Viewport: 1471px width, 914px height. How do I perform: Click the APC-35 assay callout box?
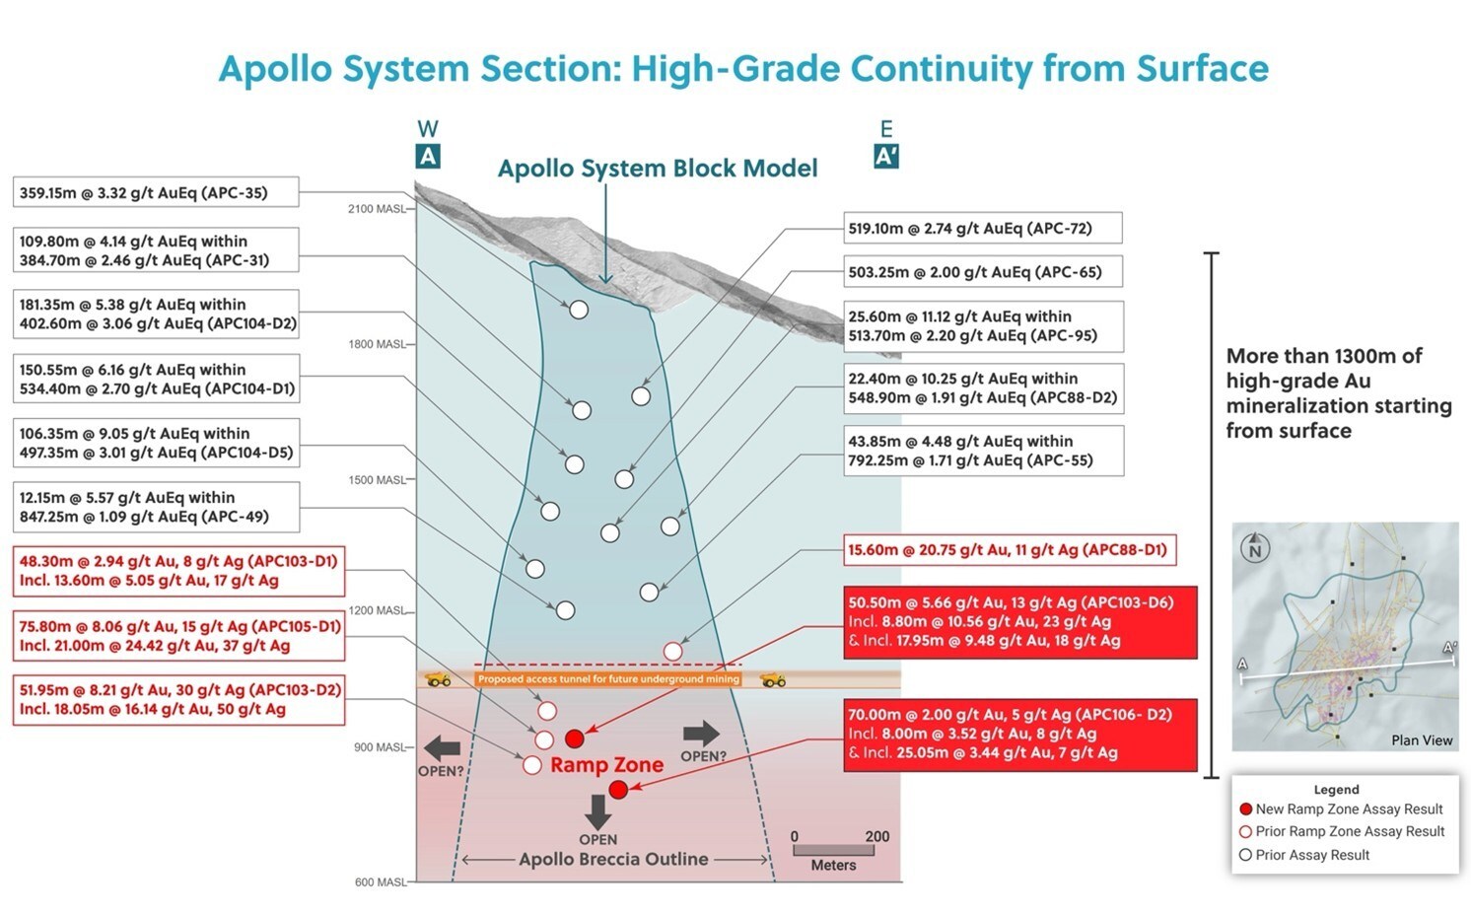(x=155, y=192)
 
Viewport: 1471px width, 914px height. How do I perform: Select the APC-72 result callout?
(x=983, y=229)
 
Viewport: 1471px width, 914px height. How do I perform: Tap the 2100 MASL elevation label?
(x=376, y=209)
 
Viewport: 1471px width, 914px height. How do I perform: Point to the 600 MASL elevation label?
(x=380, y=882)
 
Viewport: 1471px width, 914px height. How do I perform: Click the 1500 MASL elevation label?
(x=376, y=480)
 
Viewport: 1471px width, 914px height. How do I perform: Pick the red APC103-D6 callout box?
(x=1020, y=622)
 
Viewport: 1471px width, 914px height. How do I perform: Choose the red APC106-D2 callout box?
(x=1020, y=734)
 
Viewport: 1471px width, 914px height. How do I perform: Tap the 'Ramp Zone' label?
(x=606, y=765)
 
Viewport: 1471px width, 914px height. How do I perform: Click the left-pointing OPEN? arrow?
(x=441, y=747)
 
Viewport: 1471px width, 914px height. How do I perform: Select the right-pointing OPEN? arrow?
(x=701, y=734)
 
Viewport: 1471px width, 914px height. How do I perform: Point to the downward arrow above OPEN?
(x=597, y=811)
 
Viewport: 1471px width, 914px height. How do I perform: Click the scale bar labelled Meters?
(x=833, y=850)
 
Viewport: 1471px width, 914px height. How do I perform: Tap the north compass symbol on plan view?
(x=1255, y=547)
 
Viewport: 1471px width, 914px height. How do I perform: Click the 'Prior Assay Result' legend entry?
(x=1304, y=855)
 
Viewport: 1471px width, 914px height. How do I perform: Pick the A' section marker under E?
(x=885, y=156)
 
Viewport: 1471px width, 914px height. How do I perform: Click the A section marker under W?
(x=428, y=156)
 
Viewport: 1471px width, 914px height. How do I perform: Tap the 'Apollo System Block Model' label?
(x=658, y=169)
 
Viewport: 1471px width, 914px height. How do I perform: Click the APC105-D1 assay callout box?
(x=178, y=636)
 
